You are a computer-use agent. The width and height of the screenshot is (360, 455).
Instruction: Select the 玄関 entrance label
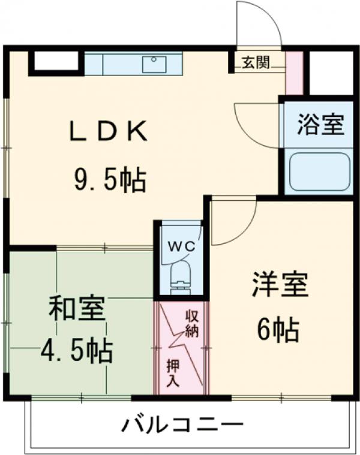(256, 62)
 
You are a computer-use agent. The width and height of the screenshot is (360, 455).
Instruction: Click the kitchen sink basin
(155, 64)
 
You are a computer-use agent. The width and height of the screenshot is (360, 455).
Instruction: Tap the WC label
(180, 246)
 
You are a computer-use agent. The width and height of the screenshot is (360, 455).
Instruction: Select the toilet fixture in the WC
(180, 279)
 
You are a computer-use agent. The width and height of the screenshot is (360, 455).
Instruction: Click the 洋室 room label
(280, 285)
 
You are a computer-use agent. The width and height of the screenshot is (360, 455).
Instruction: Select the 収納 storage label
(192, 324)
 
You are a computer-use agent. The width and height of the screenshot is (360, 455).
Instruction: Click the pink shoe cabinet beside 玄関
(293, 73)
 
